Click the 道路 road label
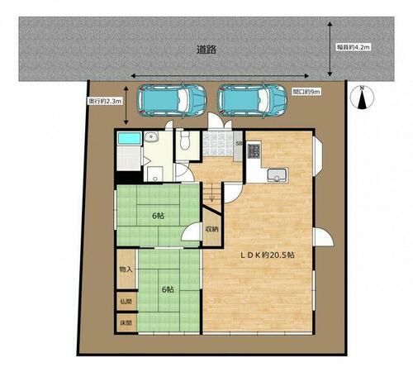206,50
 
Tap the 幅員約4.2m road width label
353,47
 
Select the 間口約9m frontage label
306,92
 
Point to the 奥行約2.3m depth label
105,101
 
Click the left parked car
172,100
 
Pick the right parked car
252,101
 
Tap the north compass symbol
362,98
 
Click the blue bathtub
130,138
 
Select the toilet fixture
185,140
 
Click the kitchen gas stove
254,151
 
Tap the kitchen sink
277,175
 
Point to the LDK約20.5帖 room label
268,255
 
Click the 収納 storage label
211,229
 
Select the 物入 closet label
126,269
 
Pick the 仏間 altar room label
126,301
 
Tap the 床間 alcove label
126,322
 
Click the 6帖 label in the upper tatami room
158,216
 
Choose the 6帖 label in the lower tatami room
168,289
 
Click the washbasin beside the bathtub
151,136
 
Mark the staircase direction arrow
211,193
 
